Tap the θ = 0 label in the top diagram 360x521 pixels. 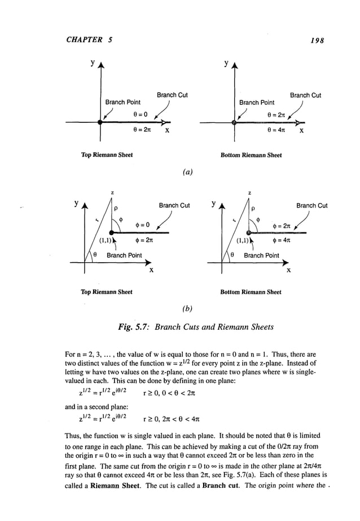tap(141, 113)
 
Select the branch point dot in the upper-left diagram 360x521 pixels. tap(100, 122)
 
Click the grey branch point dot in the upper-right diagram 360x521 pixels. tap(234, 122)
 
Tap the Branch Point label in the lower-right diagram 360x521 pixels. tap(261, 255)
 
